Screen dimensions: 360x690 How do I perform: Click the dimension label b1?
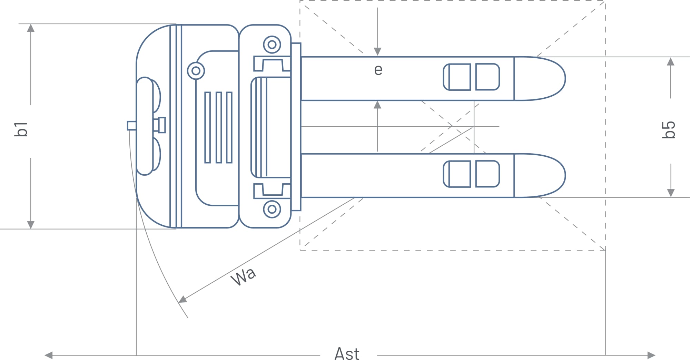click(21, 129)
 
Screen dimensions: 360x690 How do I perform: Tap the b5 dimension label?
click(669, 130)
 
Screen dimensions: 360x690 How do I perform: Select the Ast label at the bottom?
click(347, 354)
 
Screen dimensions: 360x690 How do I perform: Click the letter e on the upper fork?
click(378, 70)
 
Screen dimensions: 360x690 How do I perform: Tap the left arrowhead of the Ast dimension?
click(49, 355)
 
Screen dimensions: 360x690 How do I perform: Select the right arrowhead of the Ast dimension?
click(651, 355)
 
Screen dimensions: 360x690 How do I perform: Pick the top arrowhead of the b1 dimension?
click(31, 28)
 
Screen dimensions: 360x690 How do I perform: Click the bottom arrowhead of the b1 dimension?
click(31, 224)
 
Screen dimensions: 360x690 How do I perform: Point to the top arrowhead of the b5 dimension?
click(670, 62)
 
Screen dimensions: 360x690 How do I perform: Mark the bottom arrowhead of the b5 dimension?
click(670, 193)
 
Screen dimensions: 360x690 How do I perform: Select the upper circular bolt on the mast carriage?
click(272, 45)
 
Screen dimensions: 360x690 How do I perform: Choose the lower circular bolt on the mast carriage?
click(272, 209)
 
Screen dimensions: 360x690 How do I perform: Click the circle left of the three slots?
click(196, 71)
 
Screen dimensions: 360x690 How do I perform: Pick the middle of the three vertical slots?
click(219, 127)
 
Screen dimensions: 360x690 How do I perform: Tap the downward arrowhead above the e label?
click(377, 51)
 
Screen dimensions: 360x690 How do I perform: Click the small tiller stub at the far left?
click(131, 126)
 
